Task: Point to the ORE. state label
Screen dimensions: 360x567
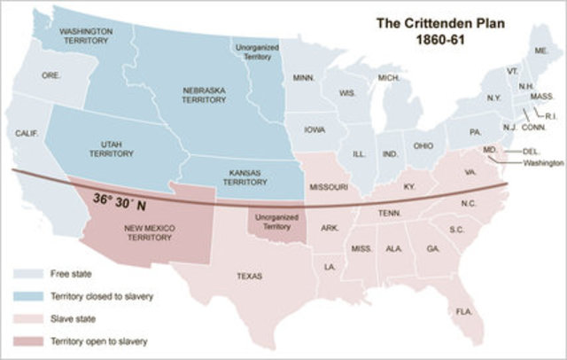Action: (51, 76)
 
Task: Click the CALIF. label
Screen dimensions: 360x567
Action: (27, 133)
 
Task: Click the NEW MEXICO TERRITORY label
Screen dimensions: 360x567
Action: (148, 233)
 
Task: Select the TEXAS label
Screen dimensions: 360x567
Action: (249, 276)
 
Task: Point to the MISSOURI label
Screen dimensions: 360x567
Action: (329, 188)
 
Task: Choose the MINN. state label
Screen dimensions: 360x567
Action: (306, 78)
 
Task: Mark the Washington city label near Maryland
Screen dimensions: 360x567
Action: (543, 163)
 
